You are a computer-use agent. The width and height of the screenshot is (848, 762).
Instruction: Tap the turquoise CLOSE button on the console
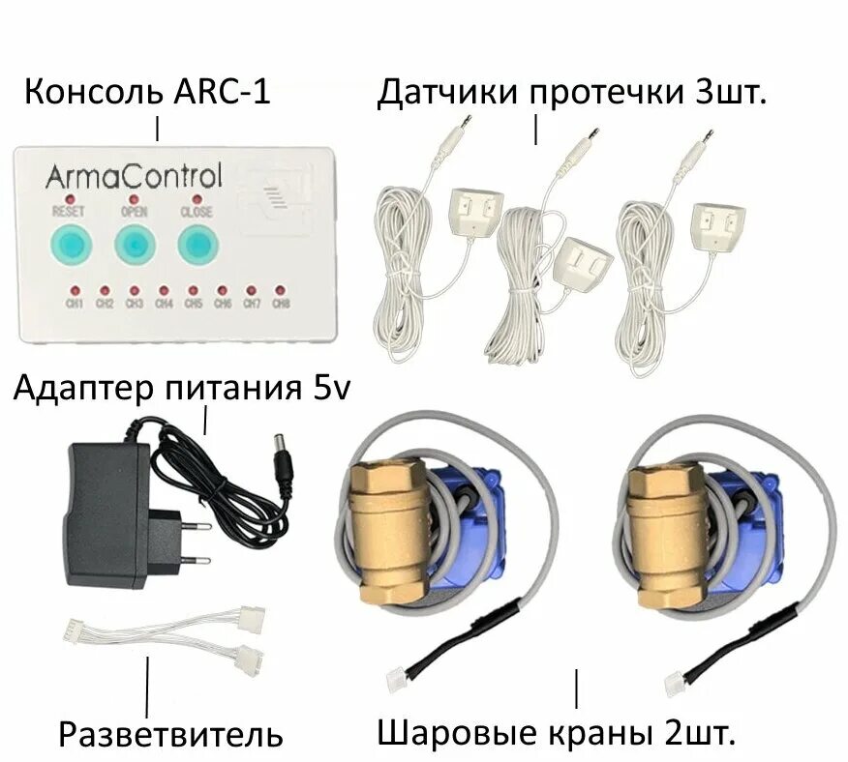click(x=197, y=246)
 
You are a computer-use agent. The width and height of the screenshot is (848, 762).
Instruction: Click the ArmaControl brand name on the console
click(x=133, y=176)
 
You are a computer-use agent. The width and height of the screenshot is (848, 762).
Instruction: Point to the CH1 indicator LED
click(x=75, y=290)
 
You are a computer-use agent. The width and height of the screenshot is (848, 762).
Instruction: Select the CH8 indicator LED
click(x=280, y=290)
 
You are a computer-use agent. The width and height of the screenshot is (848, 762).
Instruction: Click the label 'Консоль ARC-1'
click(x=147, y=95)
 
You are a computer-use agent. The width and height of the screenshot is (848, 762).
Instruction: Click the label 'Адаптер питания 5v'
click(x=182, y=390)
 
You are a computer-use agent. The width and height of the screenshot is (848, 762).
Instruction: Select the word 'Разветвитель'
click(x=170, y=734)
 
